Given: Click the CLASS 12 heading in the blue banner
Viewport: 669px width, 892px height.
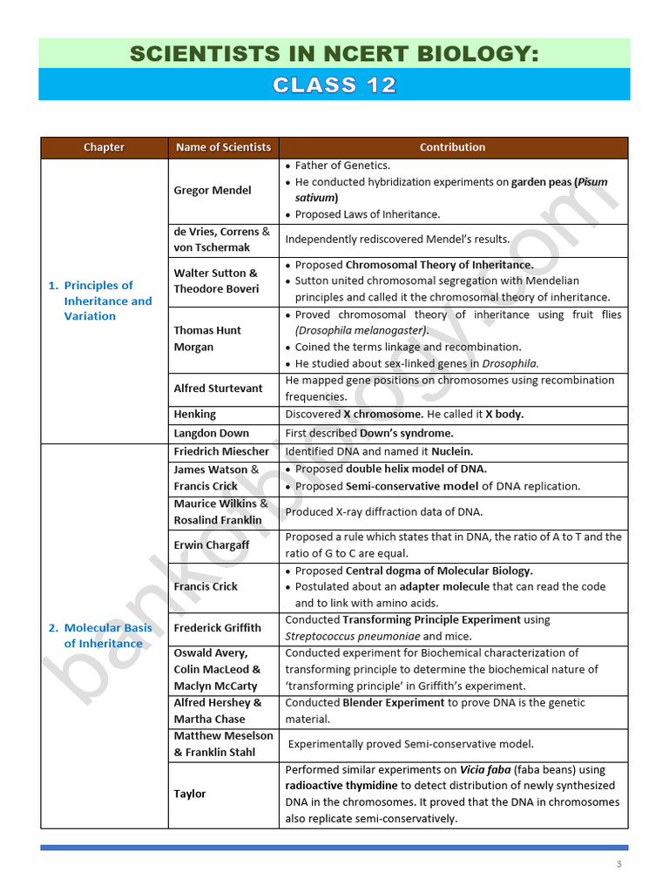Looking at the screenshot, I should (334, 85).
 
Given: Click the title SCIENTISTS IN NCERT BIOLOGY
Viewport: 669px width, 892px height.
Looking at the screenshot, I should (334, 54).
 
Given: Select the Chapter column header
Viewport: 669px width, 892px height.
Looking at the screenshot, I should (104, 147).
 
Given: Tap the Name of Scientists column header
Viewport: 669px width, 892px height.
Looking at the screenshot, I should (223, 147).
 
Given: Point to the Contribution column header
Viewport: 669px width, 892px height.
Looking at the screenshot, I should (452, 147).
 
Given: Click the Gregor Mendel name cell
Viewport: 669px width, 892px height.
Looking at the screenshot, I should (213, 190).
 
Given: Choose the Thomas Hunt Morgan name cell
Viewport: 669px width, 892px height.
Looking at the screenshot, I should (207, 338).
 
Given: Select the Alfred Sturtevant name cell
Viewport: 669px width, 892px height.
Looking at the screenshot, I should (218, 389).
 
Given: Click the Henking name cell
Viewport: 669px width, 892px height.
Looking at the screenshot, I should (195, 415).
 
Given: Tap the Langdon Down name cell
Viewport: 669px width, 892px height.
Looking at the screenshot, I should (211, 433).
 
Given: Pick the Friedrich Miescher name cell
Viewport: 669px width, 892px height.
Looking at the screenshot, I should (221, 451).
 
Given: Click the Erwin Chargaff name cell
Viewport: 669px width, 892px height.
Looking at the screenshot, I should (212, 544).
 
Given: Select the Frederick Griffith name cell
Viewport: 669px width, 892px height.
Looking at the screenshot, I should (217, 627).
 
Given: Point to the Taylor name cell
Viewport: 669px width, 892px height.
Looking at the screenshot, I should (190, 794).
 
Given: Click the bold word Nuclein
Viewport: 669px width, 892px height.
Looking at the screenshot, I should (452, 451).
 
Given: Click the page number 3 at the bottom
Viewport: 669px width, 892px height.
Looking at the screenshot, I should (618, 864).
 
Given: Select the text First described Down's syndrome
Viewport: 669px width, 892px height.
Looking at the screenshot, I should (369, 433).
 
